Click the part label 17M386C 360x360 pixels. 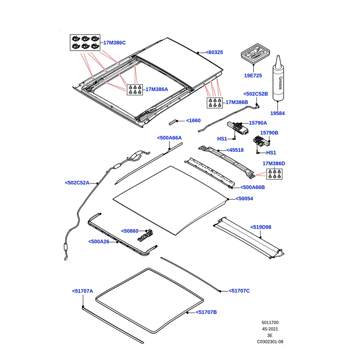coord(114,43)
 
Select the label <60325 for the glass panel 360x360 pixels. coord(214,53)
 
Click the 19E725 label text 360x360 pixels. coord(253,76)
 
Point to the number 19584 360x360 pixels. coord(277,113)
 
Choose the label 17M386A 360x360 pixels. coord(157,89)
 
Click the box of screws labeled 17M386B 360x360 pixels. coord(215,103)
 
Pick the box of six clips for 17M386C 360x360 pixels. coord(85,42)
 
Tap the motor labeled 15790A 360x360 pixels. coord(238,128)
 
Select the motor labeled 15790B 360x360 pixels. coord(261,141)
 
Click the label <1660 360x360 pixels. coord(193,120)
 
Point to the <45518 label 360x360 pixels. coord(235,150)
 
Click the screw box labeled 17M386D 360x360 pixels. coord(274,174)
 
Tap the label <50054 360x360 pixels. coord(244,199)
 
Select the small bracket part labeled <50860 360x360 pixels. coord(145,236)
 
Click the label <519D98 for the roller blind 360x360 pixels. coord(261,227)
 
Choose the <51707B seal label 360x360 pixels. coord(206,312)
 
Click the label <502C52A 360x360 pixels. coord(77,183)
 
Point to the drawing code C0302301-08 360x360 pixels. coord(270,342)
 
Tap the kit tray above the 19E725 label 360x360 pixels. coord(255,54)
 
